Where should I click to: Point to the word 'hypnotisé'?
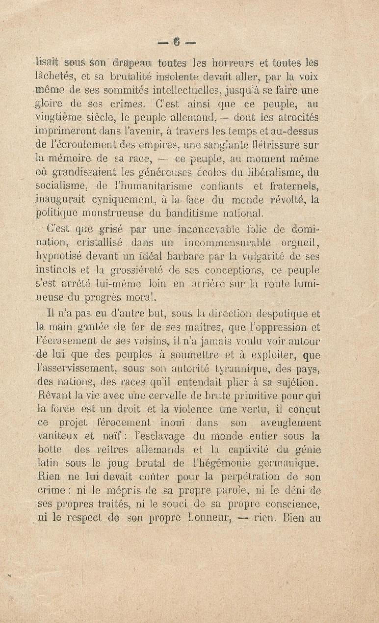click(59, 257)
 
